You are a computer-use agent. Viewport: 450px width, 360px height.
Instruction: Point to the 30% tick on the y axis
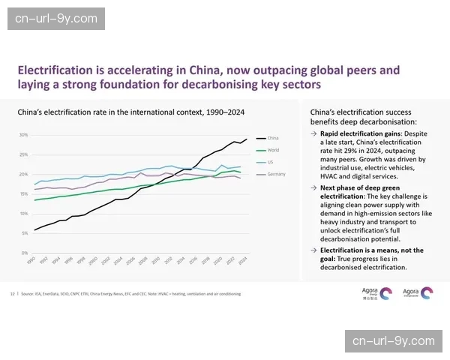[x=23, y=135]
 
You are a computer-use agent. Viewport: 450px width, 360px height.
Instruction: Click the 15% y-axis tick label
[x=23, y=194]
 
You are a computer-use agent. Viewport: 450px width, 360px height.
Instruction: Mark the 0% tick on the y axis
[x=25, y=253]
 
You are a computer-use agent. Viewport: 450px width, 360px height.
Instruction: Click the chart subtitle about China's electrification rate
[x=131, y=112]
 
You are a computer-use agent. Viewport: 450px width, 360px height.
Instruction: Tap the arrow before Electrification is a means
[x=313, y=250]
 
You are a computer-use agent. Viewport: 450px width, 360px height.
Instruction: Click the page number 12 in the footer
[x=12, y=293]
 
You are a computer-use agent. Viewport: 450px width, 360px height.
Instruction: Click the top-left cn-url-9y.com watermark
[x=56, y=17]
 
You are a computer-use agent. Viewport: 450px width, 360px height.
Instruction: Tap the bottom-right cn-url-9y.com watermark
[x=393, y=342]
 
